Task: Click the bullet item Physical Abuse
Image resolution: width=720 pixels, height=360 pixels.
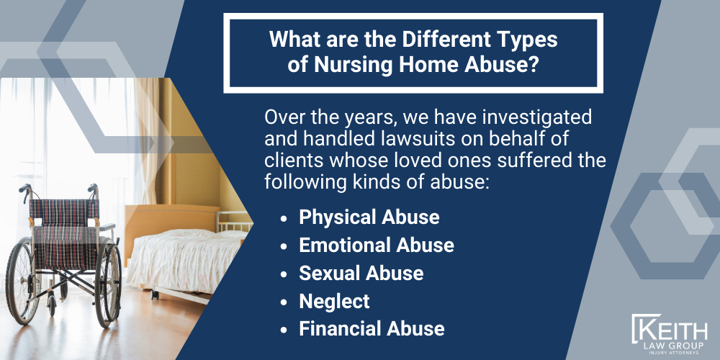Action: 369,217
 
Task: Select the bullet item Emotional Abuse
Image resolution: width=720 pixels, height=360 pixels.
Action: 376,245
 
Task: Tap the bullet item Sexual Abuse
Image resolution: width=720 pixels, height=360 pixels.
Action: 361,273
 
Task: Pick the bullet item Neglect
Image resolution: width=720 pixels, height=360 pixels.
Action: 334,301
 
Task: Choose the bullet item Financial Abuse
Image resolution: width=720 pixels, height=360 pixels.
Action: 372,329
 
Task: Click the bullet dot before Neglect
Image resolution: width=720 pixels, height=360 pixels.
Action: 286,302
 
